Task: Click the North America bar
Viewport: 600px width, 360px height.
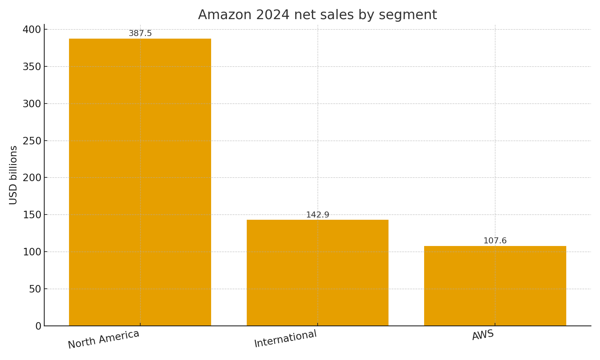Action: tap(140, 182)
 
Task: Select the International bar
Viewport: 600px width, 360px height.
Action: tap(317, 273)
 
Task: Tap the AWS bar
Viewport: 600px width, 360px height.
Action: tap(495, 286)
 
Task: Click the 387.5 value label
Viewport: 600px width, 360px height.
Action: tap(140, 33)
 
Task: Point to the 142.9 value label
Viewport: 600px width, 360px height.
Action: tap(318, 215)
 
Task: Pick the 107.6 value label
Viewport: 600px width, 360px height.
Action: tap(495, 241)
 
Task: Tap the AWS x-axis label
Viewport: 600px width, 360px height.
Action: tap(483, 334)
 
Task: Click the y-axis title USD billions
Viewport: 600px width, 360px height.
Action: tap(13, 175)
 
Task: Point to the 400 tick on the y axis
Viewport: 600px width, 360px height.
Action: tap(32, 30)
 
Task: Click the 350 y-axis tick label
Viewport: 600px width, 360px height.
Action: tap(32, 67)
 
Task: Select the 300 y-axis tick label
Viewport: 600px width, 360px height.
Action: tap(32, 104)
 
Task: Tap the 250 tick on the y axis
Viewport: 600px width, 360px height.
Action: tap(32, 141)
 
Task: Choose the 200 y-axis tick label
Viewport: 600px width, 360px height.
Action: tap(32, 178)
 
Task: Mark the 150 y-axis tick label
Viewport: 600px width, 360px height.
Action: tap(32, 215)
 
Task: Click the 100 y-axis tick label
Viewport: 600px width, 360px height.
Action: tap(32, 252)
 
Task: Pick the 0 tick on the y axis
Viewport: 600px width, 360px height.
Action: tap(38, 326)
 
